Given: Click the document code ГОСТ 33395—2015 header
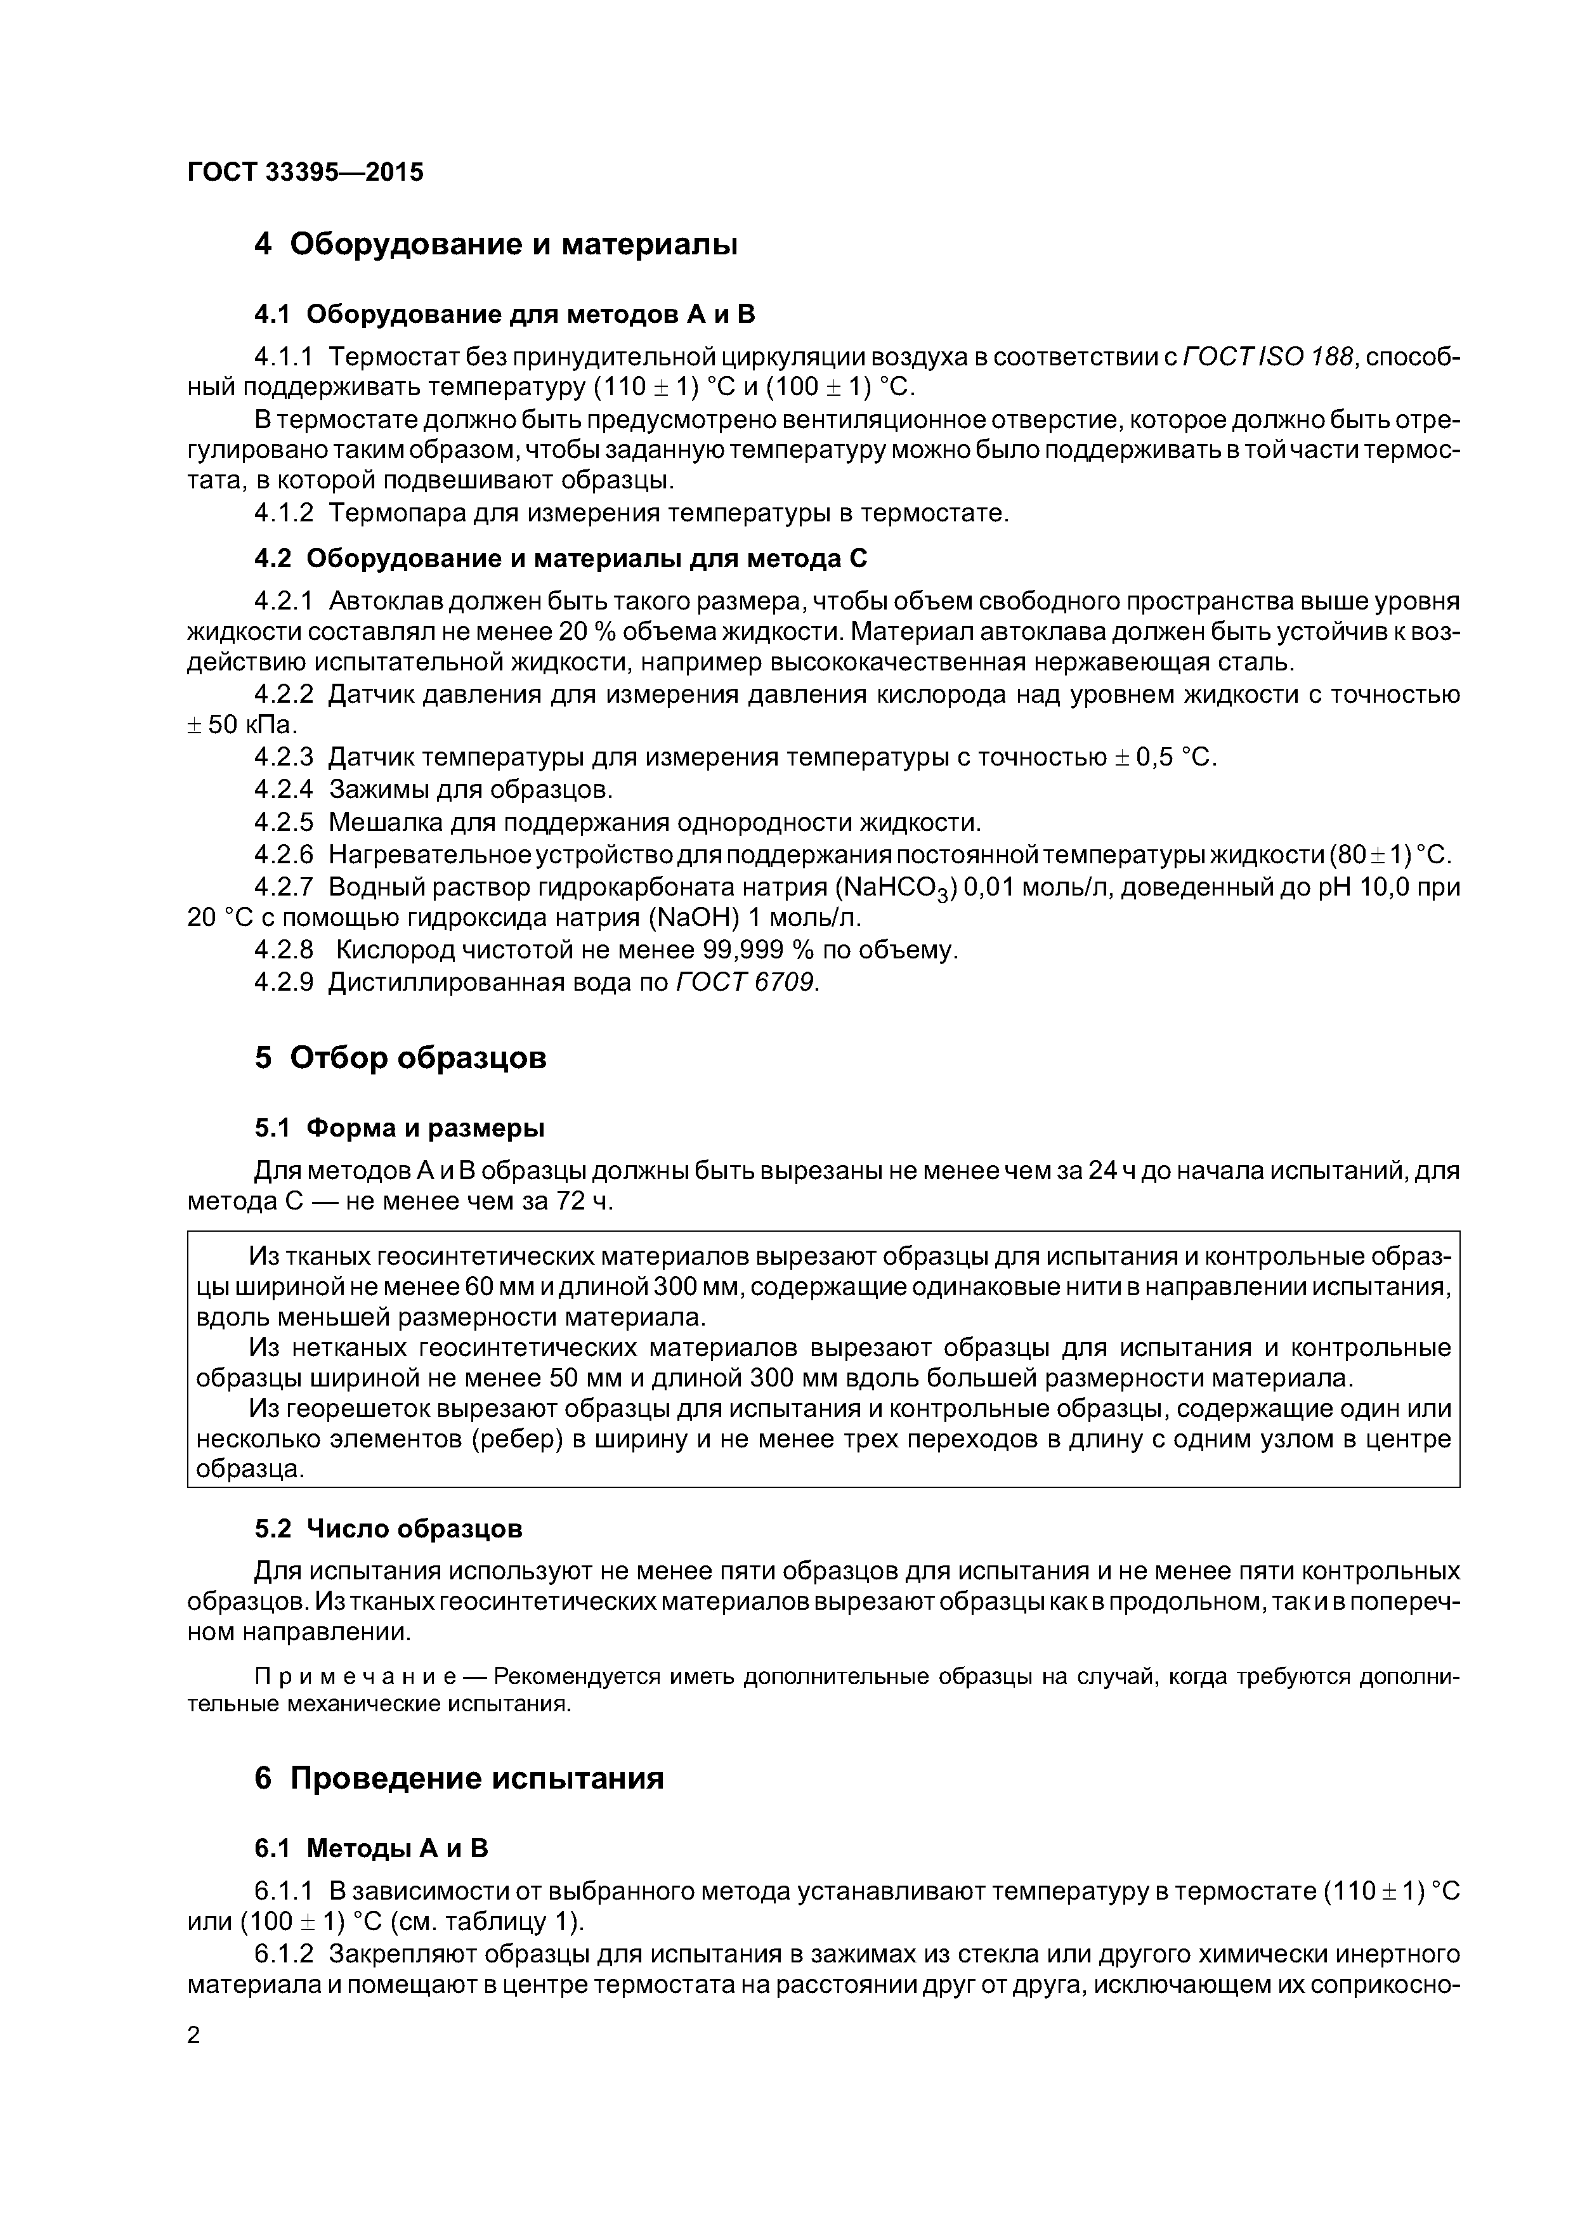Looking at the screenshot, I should pyautogui.click(x=305, y=173).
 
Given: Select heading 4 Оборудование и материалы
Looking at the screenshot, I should pyautogui.click(x=495, y=244).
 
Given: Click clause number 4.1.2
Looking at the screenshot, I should pyautogui.click(x=284, y=514).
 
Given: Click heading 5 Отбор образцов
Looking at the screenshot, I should pyautogui.click(x=400, y=1057).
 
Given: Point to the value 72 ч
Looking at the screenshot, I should pyautogui.click(x=584, y=1202).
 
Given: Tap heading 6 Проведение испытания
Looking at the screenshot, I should pyautogui.click(x=459, y=1778).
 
